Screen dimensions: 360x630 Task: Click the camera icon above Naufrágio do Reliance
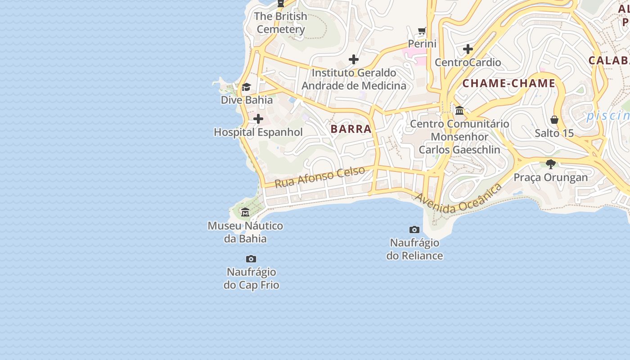tap(414, 230)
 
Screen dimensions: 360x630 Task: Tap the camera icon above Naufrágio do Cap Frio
tap(251, 259)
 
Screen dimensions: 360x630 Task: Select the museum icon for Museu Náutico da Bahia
tap(245, 212)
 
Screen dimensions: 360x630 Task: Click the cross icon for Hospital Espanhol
tap(258, 119)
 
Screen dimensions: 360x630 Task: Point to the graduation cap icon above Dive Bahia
tap(246, 87)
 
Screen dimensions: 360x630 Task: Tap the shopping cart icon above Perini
tap(422, 31)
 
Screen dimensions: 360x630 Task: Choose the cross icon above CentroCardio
tap(468, 49)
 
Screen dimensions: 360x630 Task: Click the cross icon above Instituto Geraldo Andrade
tap(354, 59)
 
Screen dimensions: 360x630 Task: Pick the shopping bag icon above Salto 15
tap(554, 120)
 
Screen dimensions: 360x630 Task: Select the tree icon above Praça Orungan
tap(550, 164)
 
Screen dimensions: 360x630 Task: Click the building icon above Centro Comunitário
tap(459, 110)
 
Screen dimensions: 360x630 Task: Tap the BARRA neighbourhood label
tap(351, 129)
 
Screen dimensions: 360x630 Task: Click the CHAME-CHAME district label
tap(509, 83)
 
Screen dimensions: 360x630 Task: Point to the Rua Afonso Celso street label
tap(319, 177)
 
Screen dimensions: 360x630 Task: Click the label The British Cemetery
tap(281, 23)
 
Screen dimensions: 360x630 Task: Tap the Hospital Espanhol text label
tap(258, 132)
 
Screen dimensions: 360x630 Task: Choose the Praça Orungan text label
tap(551, 177)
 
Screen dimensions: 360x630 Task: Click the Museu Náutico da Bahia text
tap(245, 232)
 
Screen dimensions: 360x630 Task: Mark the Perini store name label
tap(422, 44)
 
